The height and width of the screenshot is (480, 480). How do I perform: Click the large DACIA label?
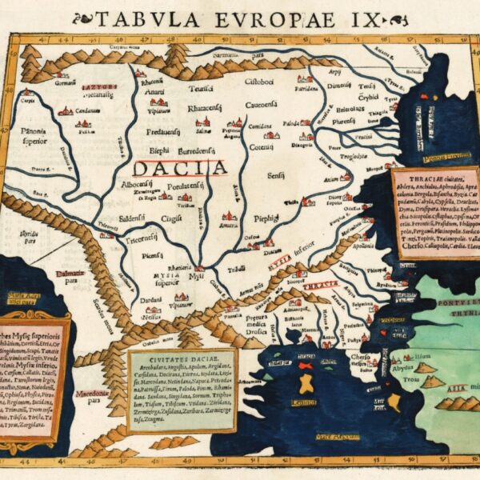(x=179, y=168)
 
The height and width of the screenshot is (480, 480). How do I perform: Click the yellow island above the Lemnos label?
(x=306, y=383)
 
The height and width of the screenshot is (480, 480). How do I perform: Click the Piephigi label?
(x=266, y=217)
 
